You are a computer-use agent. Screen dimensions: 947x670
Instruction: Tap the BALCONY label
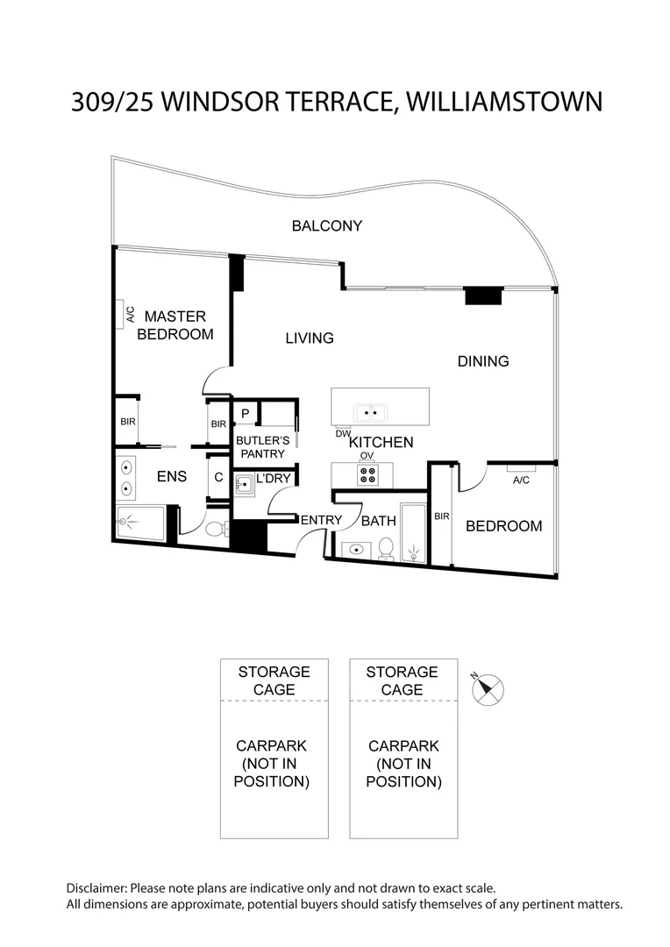326,226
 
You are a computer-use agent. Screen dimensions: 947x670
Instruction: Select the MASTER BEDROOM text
175,325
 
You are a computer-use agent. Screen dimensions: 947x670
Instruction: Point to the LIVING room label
310,338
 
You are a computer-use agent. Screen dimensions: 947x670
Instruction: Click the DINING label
483,361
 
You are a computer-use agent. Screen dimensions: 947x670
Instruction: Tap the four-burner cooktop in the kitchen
367,475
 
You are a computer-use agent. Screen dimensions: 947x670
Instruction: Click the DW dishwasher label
342,434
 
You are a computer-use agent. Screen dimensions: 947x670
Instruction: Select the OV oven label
367,456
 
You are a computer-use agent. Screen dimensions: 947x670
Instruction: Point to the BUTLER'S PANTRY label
260,447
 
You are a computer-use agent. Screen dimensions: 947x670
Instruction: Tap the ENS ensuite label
172,478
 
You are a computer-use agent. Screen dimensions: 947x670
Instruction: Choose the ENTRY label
321,520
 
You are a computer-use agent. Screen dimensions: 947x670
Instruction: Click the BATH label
379,521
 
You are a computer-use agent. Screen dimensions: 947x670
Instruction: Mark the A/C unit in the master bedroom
123,314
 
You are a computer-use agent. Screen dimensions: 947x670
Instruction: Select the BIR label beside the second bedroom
441,517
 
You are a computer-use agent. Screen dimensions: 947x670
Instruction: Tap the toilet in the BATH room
385,548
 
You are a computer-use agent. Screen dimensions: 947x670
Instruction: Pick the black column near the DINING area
482,296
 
